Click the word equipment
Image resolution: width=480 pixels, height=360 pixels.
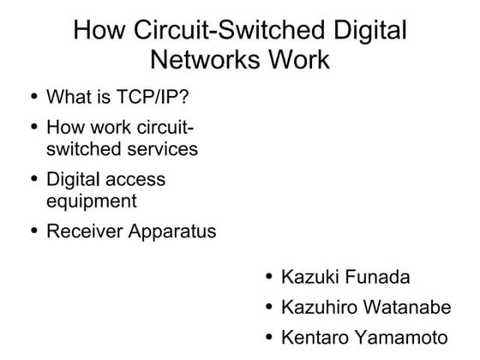91,202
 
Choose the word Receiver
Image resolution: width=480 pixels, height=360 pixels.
83,231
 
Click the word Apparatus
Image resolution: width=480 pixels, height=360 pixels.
171,232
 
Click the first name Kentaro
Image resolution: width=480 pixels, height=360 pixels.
314,335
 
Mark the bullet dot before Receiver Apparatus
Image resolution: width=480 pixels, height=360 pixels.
33,231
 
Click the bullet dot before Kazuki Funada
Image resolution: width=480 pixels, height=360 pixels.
269,277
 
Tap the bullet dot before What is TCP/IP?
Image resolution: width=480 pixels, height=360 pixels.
33,94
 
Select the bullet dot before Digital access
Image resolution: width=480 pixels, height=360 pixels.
33,180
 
